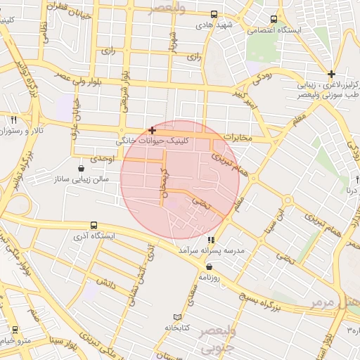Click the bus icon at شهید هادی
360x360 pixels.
214,13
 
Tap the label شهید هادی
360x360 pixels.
214,25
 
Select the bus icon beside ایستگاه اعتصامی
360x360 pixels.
274,19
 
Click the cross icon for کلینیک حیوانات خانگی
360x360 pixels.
152,130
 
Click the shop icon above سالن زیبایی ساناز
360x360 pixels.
82,169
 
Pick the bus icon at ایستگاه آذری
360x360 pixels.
94,226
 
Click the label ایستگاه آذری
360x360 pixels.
94,237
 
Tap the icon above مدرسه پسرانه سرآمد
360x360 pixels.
212,240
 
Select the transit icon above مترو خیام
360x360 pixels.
15,329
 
